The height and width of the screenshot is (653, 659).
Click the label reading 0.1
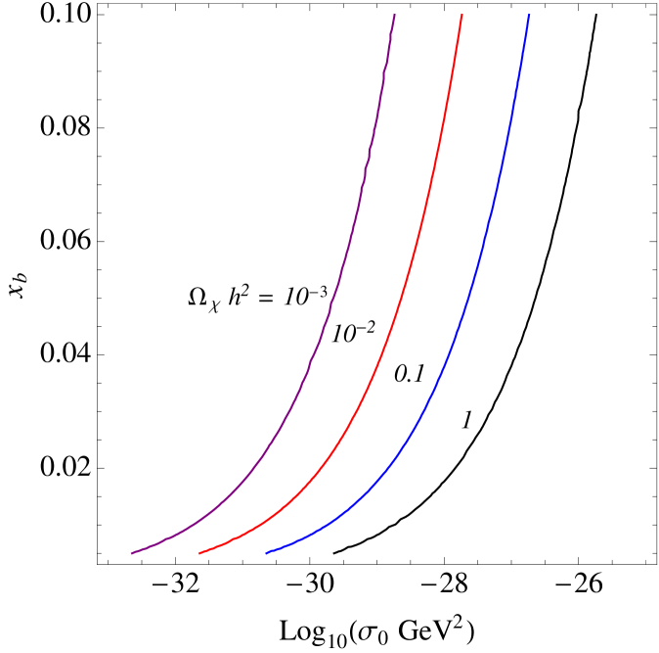[x=411, y=374]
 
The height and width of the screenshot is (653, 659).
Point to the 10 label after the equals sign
[x=295, y=296]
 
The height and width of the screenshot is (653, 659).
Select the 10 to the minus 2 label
[x=354, y=333]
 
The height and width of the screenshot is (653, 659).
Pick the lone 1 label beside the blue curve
[x=467, y=421]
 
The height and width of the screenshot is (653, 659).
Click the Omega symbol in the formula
[x=198, y=298]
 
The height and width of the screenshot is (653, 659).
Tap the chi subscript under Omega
[x=214, y=306]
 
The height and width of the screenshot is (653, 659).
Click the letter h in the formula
[x=235, y=297]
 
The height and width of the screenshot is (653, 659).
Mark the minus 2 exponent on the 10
[x=366, y=326]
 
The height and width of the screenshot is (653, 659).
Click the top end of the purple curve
[x=394, y=15]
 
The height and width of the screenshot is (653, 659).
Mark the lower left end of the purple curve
[x=132, y=553]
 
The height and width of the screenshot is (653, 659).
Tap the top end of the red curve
[x=461, y=15]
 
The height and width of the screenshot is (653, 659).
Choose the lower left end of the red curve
[x=199, y=553]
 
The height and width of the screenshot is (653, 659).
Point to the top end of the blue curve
[x=529, y=15]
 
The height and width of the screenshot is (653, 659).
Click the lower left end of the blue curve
[x=267, y=553]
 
